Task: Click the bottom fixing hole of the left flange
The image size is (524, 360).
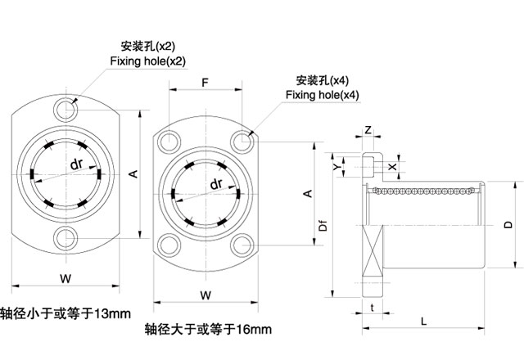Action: pyautogui.click(x=65, y=238)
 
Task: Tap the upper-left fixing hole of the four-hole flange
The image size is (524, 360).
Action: pyautogui.click(x=169, y=142)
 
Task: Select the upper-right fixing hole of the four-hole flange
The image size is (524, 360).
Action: pyautogui.click(x=242, y=142)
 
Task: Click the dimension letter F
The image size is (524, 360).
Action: pyautogui.click(x=205, y=83)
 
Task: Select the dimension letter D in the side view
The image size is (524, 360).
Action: pyautogui.click(x=508, y=223)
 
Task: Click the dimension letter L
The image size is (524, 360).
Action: pyautogui.click(x=423, y=322)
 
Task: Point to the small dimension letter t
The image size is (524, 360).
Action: pyautogui.click(x=373, y=308)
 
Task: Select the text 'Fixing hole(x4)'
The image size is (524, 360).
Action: pyautogui.click(x=322, y=95)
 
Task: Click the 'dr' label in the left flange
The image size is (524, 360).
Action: pyautogui.click(x=75, y=164)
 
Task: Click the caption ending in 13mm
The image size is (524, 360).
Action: pyautogui.click(x=65, y=314)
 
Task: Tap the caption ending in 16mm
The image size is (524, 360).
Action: pyautogui.click(x=207, y=330)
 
